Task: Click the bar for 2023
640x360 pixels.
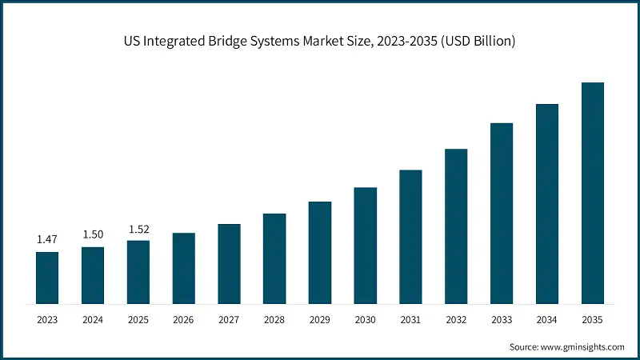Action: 47,278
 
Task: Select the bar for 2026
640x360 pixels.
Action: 184,268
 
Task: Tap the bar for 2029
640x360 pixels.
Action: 320,252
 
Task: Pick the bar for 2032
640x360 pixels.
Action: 456,226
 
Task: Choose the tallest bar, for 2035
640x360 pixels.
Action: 593,193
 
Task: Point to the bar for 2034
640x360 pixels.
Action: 547,203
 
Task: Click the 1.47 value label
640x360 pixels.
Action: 47,238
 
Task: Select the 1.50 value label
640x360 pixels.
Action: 93,234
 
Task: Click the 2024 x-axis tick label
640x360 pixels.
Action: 93,319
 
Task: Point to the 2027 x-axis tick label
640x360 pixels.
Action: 229,319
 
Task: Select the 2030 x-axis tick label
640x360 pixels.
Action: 366,319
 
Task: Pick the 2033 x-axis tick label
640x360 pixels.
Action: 502,319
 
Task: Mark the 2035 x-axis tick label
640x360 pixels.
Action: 593,319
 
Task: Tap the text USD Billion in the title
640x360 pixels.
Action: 481,41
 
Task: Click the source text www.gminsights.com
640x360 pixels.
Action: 583,347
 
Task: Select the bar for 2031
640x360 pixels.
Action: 410,237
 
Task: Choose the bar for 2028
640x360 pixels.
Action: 274,258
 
